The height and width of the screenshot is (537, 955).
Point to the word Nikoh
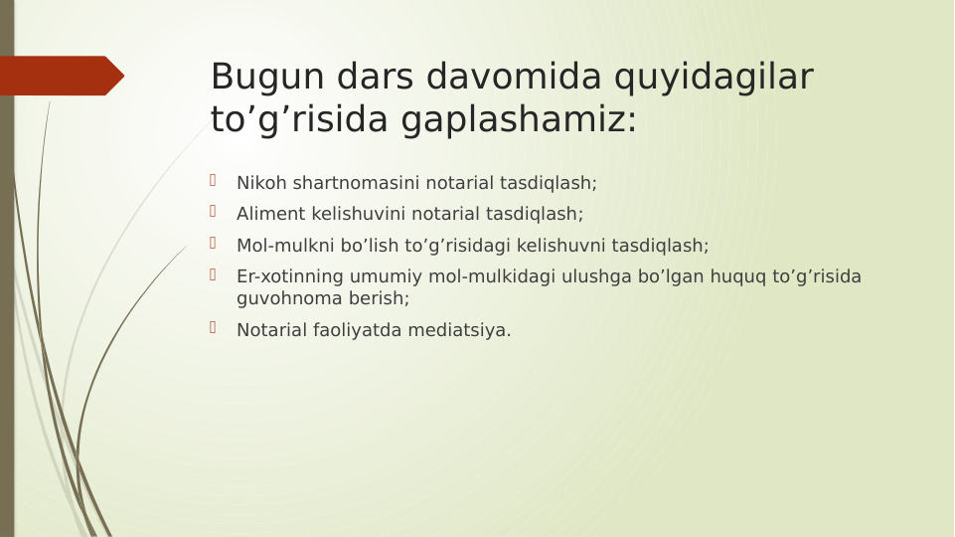[x=261, y=183]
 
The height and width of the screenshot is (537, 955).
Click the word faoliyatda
[x=369, y=330]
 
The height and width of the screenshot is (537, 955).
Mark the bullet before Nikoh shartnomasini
[x=213, y=180]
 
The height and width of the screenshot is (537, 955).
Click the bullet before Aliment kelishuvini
[x=213, y=211]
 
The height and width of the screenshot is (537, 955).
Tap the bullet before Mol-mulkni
[x=213, y=243]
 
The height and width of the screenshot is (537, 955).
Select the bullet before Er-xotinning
[x=213, y=273]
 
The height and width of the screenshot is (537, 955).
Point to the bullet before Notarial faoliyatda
[x=213, y=327]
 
